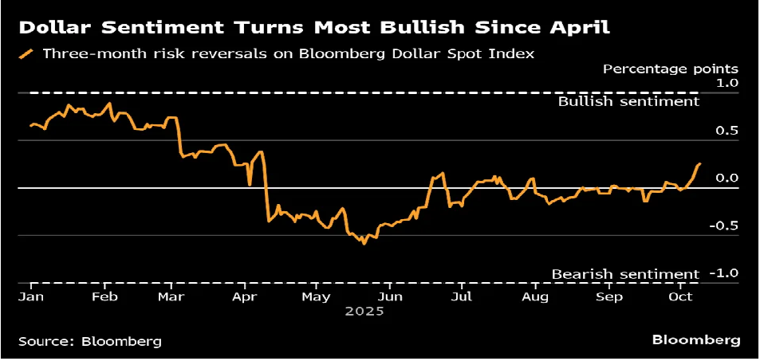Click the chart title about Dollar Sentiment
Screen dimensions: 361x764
314,29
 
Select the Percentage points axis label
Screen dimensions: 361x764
671,69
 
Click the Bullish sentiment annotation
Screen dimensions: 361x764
628,101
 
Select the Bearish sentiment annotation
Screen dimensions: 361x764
625,274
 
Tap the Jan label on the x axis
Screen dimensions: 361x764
30,296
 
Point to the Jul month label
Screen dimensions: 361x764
460,296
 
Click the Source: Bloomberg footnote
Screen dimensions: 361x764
89,341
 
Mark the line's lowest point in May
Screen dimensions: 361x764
364,243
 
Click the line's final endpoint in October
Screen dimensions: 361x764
700,163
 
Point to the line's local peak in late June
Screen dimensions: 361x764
443,172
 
